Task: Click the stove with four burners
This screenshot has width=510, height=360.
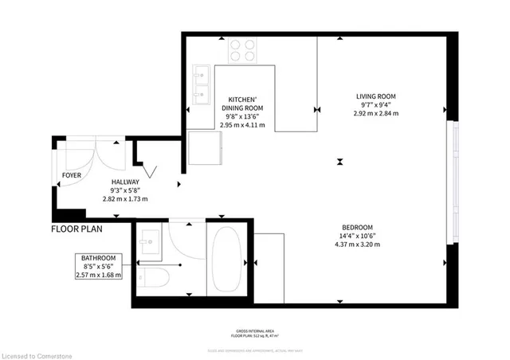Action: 243,50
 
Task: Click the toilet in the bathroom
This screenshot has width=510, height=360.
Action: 152,280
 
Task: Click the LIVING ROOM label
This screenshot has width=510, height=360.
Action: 375,96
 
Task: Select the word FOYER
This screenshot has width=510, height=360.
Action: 72,173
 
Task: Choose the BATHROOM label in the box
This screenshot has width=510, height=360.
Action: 99,258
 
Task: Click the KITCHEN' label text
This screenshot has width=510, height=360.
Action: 241,100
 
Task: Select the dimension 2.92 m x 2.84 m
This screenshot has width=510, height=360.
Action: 375,114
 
